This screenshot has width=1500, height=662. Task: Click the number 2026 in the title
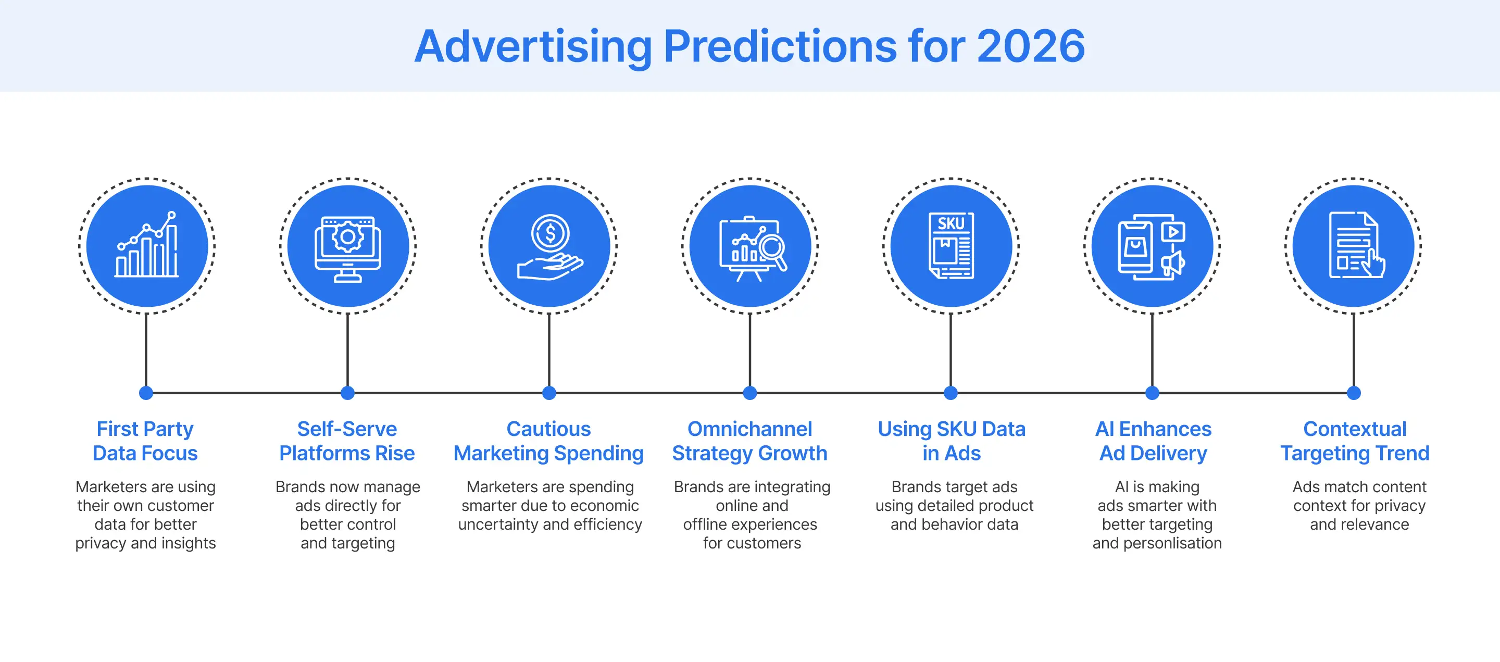1030,46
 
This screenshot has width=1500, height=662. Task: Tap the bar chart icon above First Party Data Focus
147,246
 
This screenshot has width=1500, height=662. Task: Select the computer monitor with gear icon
347,248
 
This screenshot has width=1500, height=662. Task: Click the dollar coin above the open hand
549,234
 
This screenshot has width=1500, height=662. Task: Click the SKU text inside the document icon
951,223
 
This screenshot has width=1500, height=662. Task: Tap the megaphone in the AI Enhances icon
1174,263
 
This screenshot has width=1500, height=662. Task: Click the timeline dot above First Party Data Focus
146,393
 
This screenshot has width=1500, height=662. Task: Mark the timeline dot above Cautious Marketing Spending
549,393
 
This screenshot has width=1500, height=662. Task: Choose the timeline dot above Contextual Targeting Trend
1354,393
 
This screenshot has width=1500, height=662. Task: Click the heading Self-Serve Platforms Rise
347,441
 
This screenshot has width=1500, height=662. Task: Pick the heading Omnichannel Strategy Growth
749,441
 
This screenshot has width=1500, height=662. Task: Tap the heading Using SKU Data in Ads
951,441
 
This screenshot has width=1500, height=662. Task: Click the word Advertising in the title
533,46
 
